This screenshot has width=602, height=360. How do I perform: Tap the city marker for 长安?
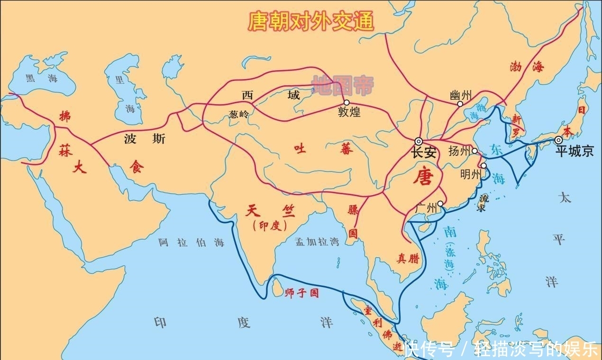pos(419,141)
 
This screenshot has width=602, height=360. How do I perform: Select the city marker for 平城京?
pos(559,140)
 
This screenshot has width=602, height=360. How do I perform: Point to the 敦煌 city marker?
pos(347,102)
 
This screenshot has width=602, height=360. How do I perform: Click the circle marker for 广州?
pos(440,204)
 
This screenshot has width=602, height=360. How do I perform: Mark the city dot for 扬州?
pos(474,151)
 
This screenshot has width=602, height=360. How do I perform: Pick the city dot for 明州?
pos(483,166)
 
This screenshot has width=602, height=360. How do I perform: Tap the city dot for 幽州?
pos(460,104)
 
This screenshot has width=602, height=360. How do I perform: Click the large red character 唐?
pos(423,176)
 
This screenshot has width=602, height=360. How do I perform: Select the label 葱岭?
pos(238,114)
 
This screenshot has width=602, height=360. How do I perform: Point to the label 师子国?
pos(302,293)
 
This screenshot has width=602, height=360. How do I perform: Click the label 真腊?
pos(408,258)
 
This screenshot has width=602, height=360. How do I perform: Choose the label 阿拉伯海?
pos(192,243)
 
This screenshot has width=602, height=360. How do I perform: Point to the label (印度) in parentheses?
pos(270,226)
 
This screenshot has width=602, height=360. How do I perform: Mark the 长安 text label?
pos(423,153)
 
